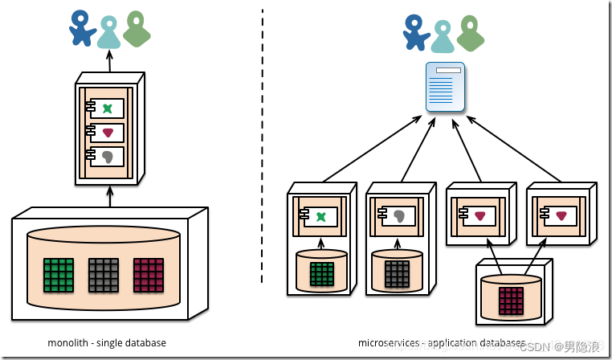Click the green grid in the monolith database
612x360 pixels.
point(59,274)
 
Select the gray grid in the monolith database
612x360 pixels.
point(103,274)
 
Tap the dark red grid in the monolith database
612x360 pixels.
point(149,274)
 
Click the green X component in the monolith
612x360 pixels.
point(107,108)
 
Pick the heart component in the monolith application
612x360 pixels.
point(107,133)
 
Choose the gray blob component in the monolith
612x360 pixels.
point(107,157)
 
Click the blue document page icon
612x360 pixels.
point(445,87)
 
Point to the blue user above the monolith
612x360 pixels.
point(81,27)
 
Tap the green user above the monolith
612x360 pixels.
point(137,28)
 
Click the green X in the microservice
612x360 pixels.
point(321,216)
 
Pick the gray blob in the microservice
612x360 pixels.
point(399,215)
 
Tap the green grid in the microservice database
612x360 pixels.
point(321,274)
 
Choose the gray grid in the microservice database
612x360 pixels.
point(397,274)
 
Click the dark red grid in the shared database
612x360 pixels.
point(511,299)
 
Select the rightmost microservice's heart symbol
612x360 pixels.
point(561,215)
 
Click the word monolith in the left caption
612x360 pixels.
point(67,343)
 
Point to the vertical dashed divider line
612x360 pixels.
point(262,145)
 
